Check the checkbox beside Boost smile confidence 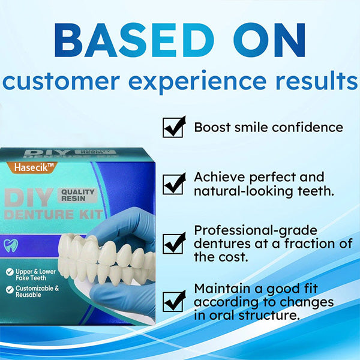coord(174,127)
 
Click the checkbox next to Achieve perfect coord(174,184)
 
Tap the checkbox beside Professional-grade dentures coord(174,243)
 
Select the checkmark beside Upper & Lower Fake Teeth coord(10,272)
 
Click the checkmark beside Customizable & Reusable coord(10,289)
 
